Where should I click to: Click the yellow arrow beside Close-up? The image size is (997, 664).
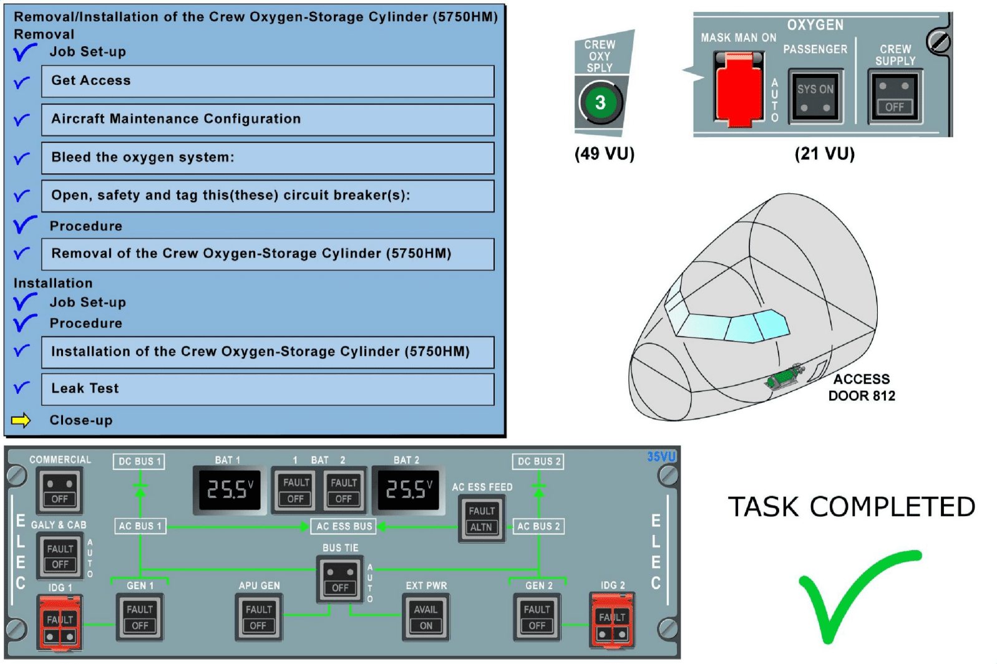[21, 420]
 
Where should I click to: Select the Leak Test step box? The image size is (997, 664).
[268, 389]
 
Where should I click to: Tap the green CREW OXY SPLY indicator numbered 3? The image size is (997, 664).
[600, 102]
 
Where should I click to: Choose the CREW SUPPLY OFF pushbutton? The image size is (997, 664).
[895, 96]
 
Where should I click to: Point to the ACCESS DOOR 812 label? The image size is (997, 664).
[862, 387]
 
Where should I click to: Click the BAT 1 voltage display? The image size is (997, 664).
[230, 489]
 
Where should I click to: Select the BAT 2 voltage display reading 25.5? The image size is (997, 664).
[409, 489]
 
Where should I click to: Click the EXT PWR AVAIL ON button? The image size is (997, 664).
[426, 617]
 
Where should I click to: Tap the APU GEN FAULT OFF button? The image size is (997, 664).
[258, 617]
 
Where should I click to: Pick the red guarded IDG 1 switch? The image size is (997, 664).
[60, 622]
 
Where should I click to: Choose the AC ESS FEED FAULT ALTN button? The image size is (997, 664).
[481, 519]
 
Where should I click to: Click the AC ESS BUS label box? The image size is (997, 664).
[344, 526]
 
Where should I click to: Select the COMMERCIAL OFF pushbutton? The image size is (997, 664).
[59, 491]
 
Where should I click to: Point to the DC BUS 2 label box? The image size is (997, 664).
[538, 461]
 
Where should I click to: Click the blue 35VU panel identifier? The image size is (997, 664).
[661, 456]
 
